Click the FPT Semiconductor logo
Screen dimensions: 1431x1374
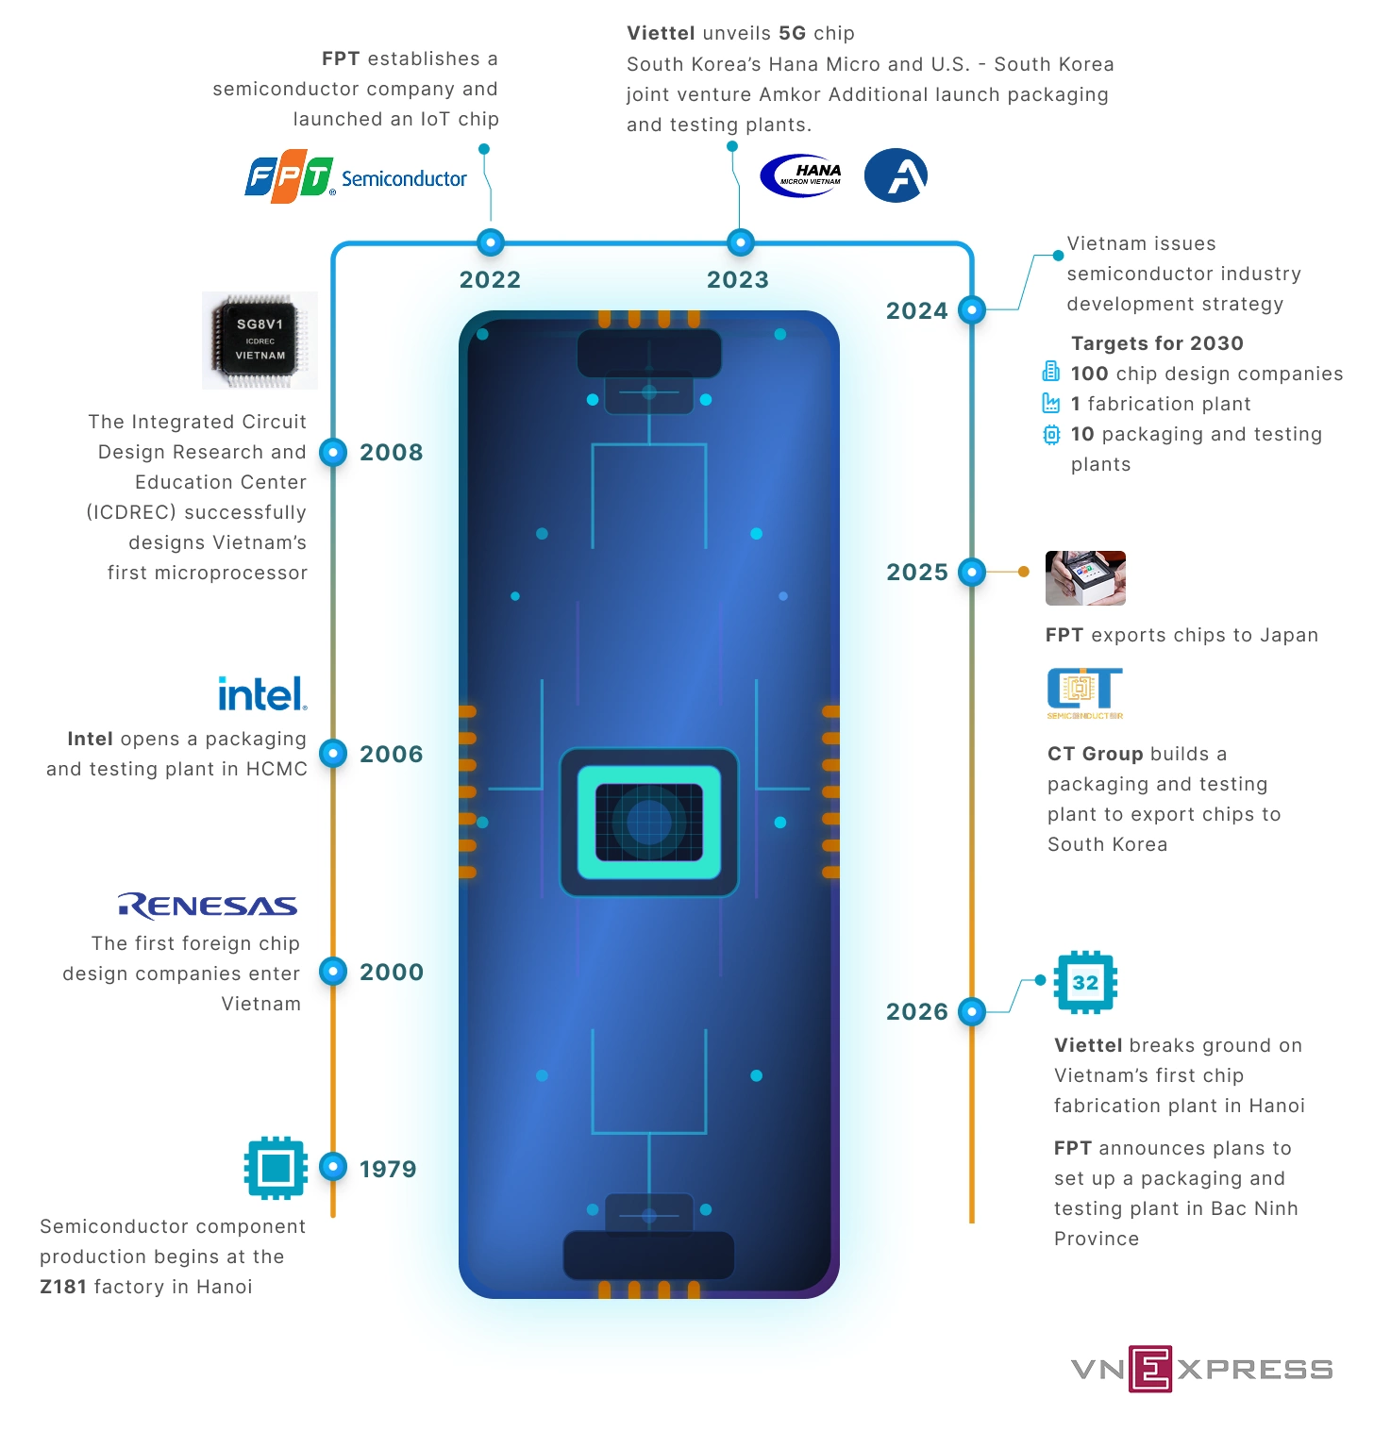pyautogui.click(x=356, y=176)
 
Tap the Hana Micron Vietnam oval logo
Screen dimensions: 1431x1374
pyautogui.click(x=801, y=175)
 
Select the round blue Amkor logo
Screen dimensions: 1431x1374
pyautogui.click(x=896, y=175)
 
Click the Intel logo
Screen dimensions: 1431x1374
pyautogui.click(x=262, y=694)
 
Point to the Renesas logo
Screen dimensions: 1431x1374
pyautogui.click(x=208, y=906)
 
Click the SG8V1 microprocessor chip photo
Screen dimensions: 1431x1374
pyautogui.click(x=260, y=341)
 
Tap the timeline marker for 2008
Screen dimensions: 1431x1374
pyautogui.click(x=333, y=452)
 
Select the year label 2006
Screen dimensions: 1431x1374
pyautogui.click(x=392, y=754)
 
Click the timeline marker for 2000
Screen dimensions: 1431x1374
pyautogui.click(x=333, y=971)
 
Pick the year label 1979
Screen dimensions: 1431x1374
pyautogui.click(x=388, y=1169)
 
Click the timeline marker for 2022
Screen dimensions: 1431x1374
pyautogui.click(x=490, y=242)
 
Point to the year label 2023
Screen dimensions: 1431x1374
pyautogui.click(x=738, y=279)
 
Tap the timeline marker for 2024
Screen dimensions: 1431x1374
pyautogui.click(x=971, y=309)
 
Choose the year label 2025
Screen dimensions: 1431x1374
pyautogui.click(x=917, y=572)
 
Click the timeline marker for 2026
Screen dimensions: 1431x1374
pyautogui.click(x=971, y=1011)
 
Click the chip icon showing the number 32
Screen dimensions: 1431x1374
pyautogui.click(x=1085, y=982)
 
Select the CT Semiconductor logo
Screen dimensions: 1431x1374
pyautogui.click(x=1085, y=693)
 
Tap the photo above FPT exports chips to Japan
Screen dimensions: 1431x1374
pyautogui.click(x=1085, y=577)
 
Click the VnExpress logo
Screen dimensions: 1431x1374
pyautogui.click(x=1201, y=1369)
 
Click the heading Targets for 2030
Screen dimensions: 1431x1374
pyautogui.click(x=1157, y=343)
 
